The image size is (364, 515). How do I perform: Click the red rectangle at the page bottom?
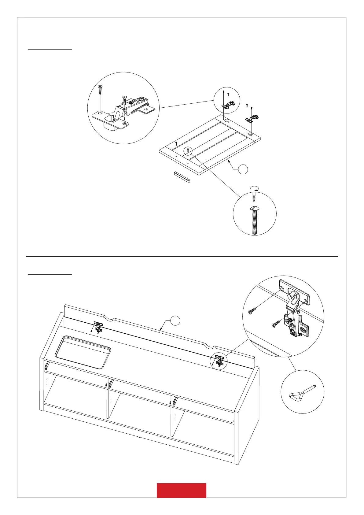click(181, 490)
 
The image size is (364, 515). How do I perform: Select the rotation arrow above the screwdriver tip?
click(254, 187)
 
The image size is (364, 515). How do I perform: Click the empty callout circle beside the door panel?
click(243, 169)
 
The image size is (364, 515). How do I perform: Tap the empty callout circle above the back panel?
click(175, 320)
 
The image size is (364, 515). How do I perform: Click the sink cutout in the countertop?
click(83, 352)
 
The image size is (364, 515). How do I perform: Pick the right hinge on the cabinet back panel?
click(219, 361)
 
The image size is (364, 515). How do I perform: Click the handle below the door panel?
click(182, 177)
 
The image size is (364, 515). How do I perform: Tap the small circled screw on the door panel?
click(188, 151)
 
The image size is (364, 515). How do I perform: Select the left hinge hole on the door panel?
click(226, 120)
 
